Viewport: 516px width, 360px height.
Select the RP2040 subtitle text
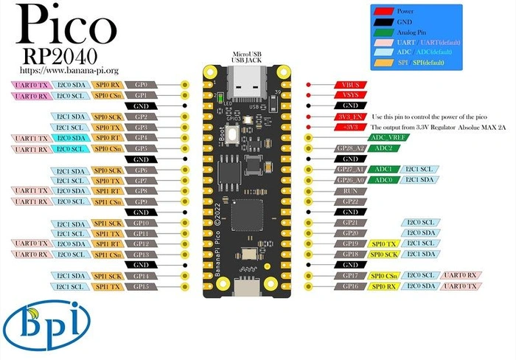[60, 57]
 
